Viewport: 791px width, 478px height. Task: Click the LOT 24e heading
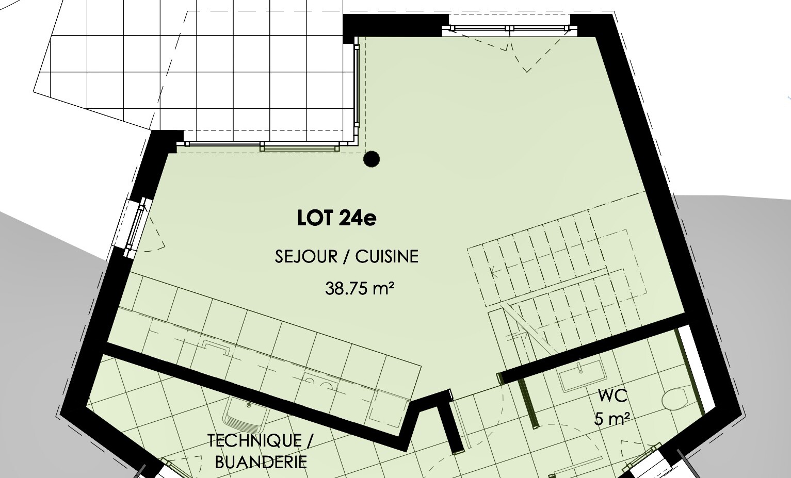[337, 218]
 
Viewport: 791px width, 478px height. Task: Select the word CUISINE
[386, 256]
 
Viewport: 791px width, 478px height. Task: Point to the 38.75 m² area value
[360, 288]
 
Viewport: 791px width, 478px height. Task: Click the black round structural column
[372, 159]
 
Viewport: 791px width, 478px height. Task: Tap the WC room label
[612, 396]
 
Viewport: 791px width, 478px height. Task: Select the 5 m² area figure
[612, 419]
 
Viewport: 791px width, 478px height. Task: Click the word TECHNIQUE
[254, 440]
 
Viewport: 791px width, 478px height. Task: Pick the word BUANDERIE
[261, 462]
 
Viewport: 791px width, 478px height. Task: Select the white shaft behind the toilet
[691, 370]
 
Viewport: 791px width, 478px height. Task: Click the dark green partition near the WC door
[527, 403]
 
